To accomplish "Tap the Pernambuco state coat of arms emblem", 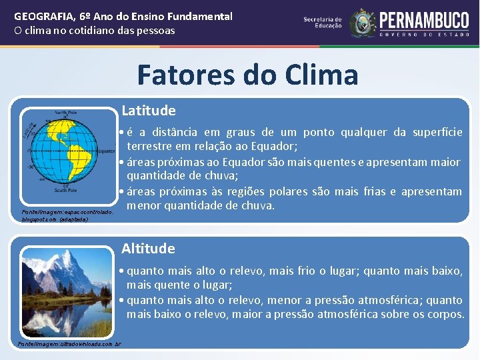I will (363, 23).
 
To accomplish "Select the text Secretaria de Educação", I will (323, 23).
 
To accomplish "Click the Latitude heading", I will (149, 111).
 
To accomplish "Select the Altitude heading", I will (148, 249).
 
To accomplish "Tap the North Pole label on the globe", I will (65, 113).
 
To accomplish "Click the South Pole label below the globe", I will (65, 191).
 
